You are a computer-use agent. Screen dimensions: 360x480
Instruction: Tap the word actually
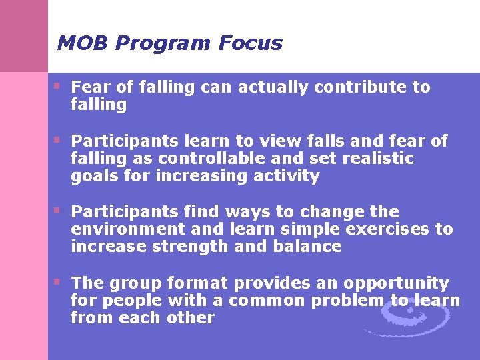(x=274, y=87)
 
